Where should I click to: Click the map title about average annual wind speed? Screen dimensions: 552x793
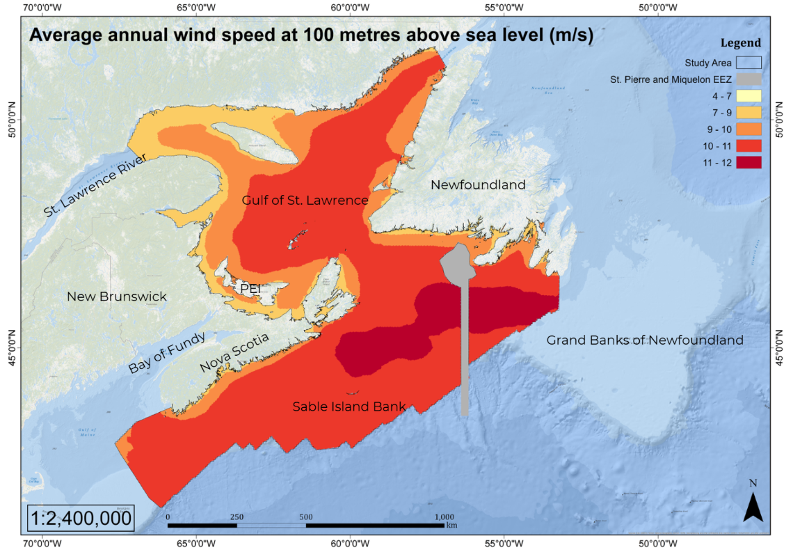(x=311, y=36)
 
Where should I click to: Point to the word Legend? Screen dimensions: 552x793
(x=740, y=43)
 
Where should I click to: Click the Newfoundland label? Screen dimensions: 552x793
(x=478, y=185)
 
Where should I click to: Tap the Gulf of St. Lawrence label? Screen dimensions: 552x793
(x=305, y=200)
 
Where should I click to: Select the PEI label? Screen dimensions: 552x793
(x=250, y=287)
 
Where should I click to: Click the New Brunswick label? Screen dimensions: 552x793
(x=117, y=297)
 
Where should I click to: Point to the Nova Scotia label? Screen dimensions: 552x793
(x=234, y=353)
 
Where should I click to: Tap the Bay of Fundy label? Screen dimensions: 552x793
(x=167, y=354)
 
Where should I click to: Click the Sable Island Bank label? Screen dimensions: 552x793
(x=349, y=407)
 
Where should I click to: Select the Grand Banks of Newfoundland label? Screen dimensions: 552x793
(x=644, y=340)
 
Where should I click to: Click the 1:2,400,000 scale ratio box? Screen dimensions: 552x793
(x=81, y=519)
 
